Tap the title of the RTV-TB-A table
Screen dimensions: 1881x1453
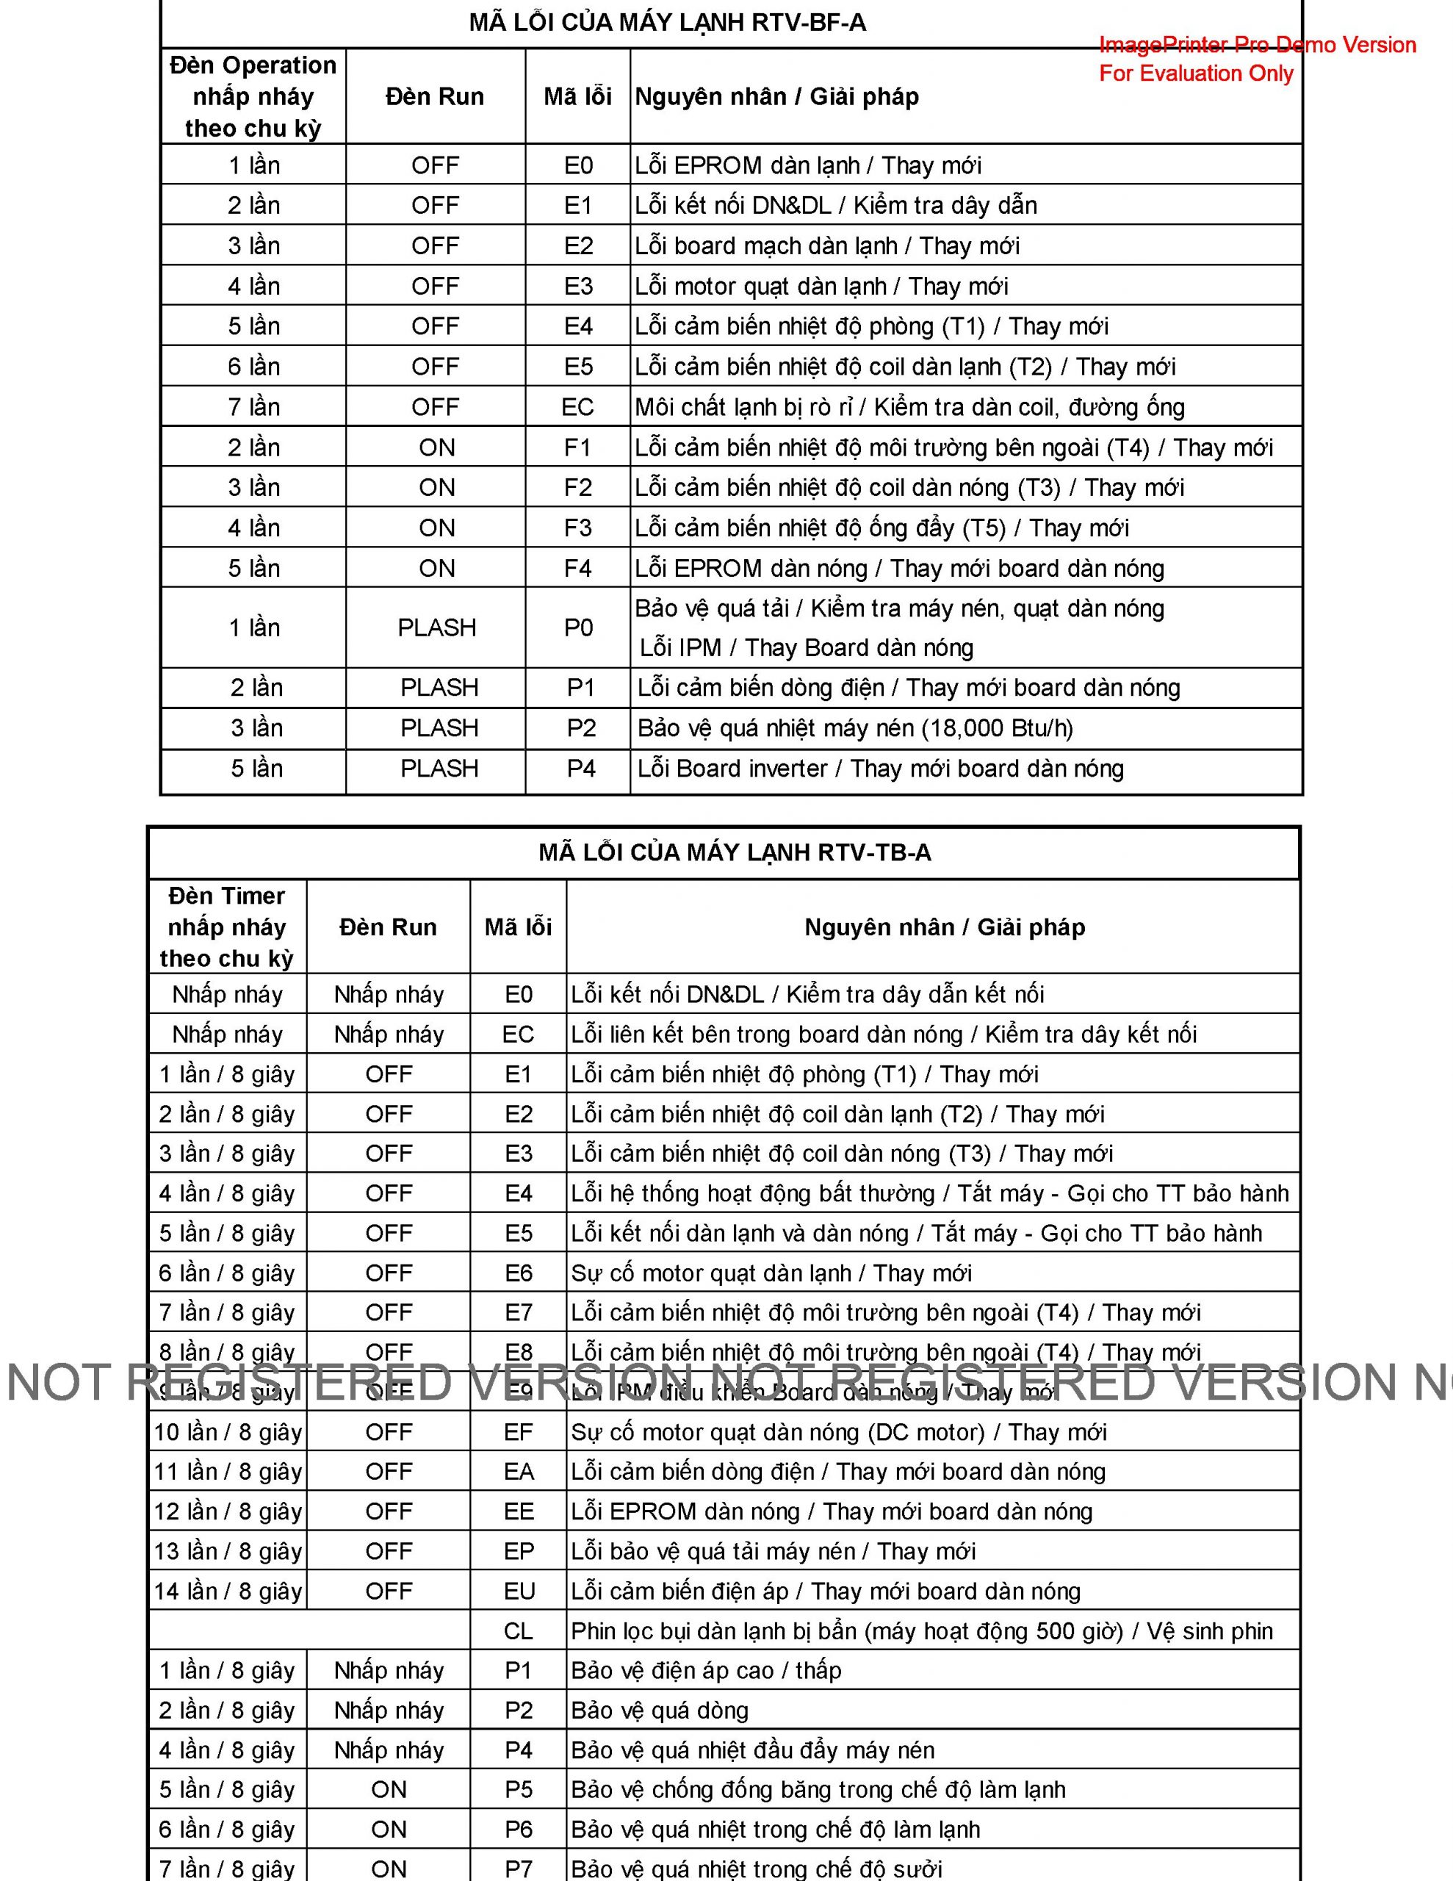(x=734, y=852)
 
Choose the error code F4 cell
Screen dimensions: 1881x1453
(x=578, y=569)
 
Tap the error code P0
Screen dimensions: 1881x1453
(x=578, y=628)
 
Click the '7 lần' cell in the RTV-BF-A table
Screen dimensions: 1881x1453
(x=253, y=407)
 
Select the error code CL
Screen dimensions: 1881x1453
(x=519, y=1631)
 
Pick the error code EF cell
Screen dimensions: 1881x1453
(x=519, y=1432)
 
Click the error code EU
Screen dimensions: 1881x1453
(x=519, y=1592)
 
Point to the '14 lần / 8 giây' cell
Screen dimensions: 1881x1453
(x=228, y=1592)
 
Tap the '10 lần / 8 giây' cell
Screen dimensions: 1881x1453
(x=228, y=1432)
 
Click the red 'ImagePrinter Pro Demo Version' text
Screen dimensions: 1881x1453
(x=1257, y=45)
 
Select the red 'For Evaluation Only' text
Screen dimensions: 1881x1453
(x=1195, y=73)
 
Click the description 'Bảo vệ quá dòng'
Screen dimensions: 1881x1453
(x=660, y=1711)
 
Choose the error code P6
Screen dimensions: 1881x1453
(x=519, y=1830)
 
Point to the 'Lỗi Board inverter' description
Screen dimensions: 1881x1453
(x=732, y=769)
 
